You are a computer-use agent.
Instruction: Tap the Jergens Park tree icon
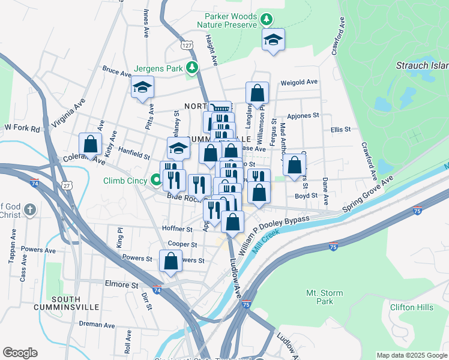[192, 67]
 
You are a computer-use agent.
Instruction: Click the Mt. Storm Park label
[319, 297]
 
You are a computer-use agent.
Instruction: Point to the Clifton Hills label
[411, 308]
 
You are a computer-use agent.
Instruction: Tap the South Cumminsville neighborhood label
[75, 302]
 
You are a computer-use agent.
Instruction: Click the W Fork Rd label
[22, 128]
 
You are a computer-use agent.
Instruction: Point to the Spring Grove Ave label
[367, 193]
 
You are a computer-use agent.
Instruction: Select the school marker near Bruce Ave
[143, 88]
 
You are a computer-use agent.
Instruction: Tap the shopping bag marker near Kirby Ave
[90, 144]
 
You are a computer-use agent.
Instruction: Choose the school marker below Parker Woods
[274, 40]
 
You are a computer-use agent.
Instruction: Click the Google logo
[20, 353]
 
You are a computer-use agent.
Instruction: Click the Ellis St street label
[340, 129]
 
